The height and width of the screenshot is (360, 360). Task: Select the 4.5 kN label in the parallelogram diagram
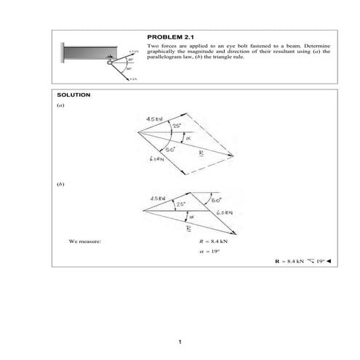tap(154, 119)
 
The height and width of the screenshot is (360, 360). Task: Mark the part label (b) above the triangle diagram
tap(60, 185)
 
